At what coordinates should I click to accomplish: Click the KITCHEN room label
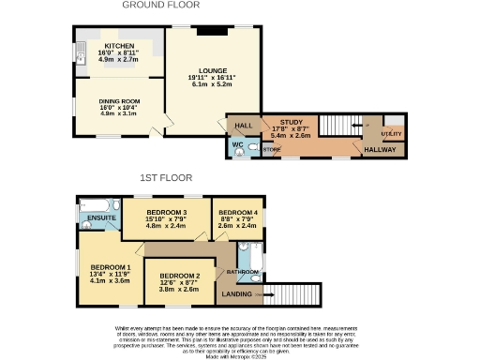coord(118,45)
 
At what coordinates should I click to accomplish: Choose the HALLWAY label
coord(380,149)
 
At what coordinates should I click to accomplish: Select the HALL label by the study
coord(244,124)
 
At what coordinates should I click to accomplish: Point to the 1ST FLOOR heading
coord(166,177)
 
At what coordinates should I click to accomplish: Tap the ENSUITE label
coord(101,218)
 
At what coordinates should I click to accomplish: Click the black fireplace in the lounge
coord(211,33)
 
